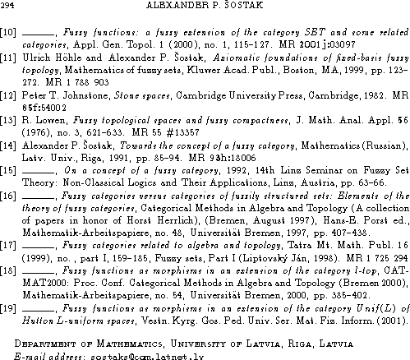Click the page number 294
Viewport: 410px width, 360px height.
(8, 6)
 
